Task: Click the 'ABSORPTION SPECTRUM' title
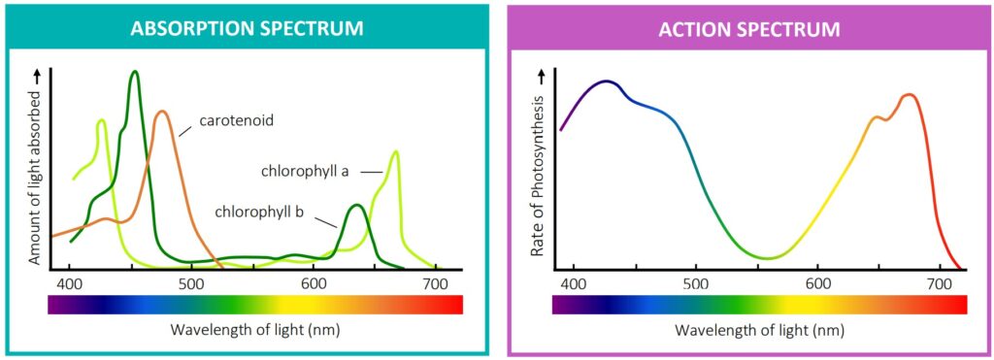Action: (x=248, y=29)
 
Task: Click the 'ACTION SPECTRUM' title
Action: (x=749, y=29)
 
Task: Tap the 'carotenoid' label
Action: (x=236, y=121)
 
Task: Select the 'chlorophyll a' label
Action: (x=305, y=172)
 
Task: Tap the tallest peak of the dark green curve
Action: (x=134, y=72)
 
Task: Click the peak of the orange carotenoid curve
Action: (x=163, y=112)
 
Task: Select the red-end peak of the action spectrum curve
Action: (x=909, y=95)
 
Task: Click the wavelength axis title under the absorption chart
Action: (x=254, y=329)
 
